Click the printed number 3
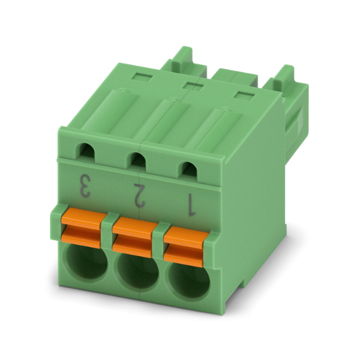click(x=85, y=187)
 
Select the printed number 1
click(x=191, y=205)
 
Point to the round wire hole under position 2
click(x=138, y=273)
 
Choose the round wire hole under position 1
click(x=189, y=282)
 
